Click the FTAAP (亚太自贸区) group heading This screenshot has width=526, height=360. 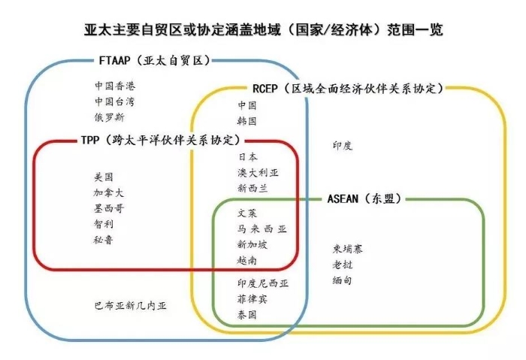click(x=155, y=60)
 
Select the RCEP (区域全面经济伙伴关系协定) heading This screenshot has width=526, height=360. click(x=347, y=89)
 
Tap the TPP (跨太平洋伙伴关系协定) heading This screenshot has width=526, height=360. click(x=161, y=140)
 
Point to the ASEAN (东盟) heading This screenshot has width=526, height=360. click(x=364, y=198)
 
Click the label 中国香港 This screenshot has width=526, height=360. click(x=115, y=86)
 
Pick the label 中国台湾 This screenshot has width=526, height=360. click(x=114, y=101)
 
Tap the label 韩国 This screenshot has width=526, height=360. click(x=247, y=121)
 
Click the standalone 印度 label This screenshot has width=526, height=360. click(x=343, y=146)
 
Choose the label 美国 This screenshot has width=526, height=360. click(x=104, y=177)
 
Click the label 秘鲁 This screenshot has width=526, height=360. click(x=104, y=240)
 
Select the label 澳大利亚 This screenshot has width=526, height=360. click(x=258, y=173)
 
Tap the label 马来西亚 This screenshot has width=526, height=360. click(x=262, y=229)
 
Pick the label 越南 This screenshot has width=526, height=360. click(x=247, y=260)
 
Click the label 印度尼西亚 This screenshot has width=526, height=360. click(x=263, y=283)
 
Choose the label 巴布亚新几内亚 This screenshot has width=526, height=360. click(x=130, y=306)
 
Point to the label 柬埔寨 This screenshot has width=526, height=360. click(x=347, y=249)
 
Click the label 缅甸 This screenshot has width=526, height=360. click(x=342, y=280)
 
